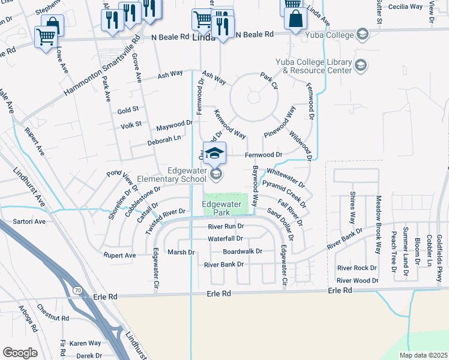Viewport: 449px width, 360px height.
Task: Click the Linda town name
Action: point(205,37)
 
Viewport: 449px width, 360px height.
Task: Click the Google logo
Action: point(20,353)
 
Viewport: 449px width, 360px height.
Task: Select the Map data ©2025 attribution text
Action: point(423,355)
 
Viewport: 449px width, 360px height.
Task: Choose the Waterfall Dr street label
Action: point(225,239)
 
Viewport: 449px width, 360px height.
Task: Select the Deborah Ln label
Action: point(164,140)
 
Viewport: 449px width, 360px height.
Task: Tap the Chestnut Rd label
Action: point(53,318)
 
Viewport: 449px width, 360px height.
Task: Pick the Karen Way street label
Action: point(85,343)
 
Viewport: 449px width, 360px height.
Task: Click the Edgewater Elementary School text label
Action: point(170,175)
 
